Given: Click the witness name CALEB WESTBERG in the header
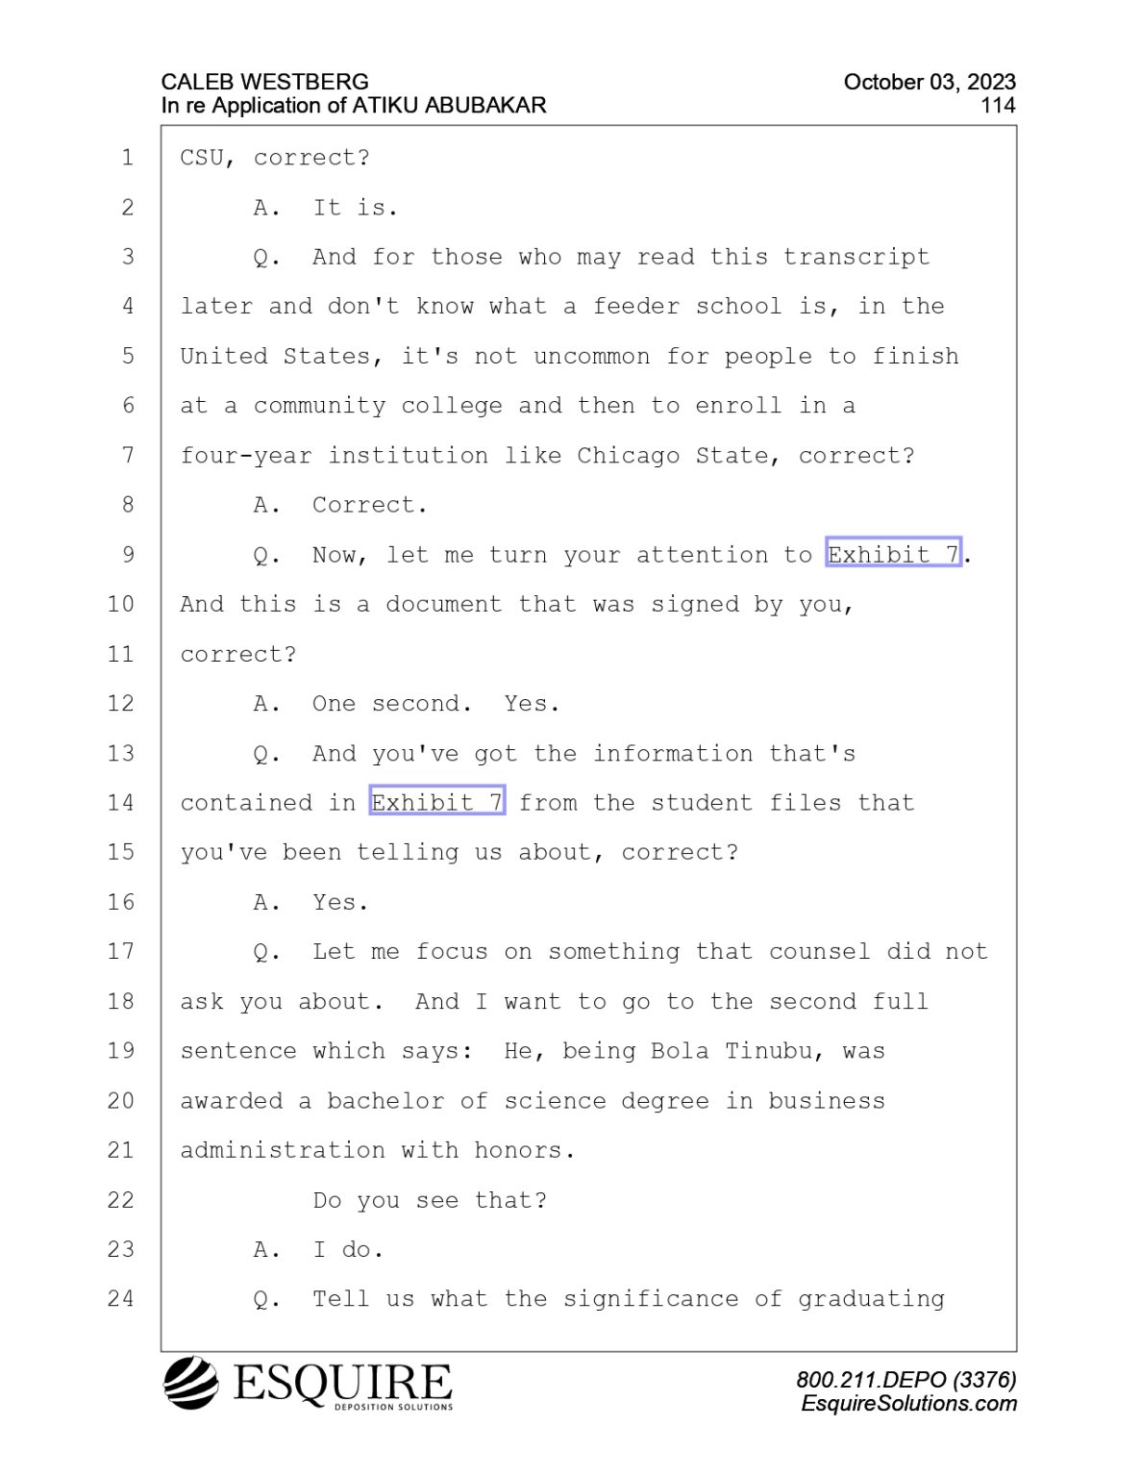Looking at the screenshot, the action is pyautogui.click(x=265, y=82).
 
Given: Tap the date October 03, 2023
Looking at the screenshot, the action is pyautogui.click(x=930, y=82).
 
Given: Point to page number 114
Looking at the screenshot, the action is pyautogui.click(x=998, y=106).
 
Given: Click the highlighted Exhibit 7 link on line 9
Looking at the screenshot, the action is pyautogui.click(x=893, y=555).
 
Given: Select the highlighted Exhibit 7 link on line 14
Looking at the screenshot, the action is pyautogui.click(x=436, y=802).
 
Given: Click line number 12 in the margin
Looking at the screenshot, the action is pyautogui.click(x=120, y=704).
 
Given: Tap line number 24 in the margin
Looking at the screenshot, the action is pyautogui.click(x=120, y=1299).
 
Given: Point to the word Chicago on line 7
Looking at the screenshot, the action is pyautogui.click(x=629, y=456).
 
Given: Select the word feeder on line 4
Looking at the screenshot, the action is pyautogui.click(x=635, y=306).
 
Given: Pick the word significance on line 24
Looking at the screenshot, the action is pyautogui.click(x=652, y=1299).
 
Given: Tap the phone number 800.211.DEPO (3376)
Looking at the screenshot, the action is pyautogui.click(x=906, y=1380).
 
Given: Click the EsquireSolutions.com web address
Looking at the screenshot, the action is pyautogui.click(x=908, y=1404).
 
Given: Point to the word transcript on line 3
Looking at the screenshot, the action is pyautogui.click(x=856, y=257).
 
